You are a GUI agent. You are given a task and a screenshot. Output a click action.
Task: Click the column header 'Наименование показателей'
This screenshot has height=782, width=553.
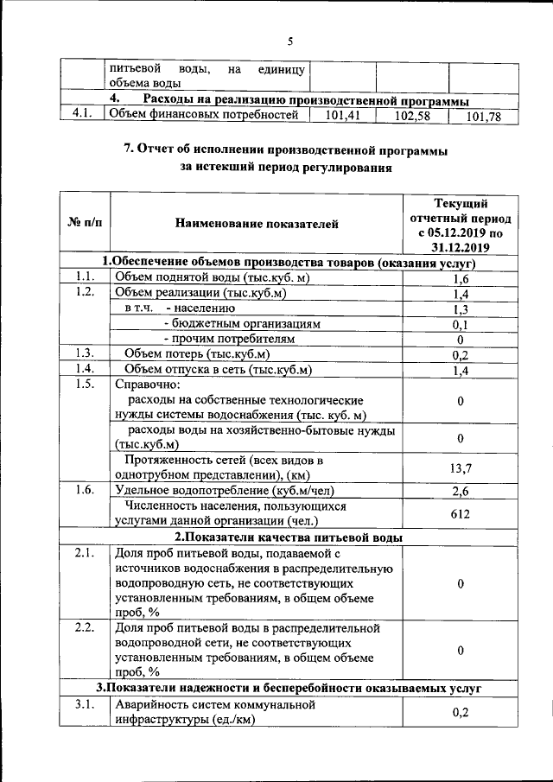257,224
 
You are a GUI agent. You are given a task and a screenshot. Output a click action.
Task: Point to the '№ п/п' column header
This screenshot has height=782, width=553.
84,224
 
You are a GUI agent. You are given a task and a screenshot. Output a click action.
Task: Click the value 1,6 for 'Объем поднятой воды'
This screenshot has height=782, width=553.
461,279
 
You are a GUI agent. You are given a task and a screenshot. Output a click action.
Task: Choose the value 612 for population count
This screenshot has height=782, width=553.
461,514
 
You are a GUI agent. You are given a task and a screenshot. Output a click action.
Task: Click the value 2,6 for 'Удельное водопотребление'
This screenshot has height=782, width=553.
461,491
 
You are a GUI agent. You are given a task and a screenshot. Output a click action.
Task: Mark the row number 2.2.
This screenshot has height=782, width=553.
84,626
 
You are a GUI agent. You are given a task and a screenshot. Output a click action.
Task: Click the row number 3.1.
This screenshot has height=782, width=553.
84,704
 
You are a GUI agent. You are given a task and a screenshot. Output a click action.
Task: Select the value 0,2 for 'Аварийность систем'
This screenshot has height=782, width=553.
461,713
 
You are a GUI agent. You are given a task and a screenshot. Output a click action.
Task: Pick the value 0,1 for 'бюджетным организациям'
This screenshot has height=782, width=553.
461,324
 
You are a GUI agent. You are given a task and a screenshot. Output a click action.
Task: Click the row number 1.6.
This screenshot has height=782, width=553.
84,490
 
